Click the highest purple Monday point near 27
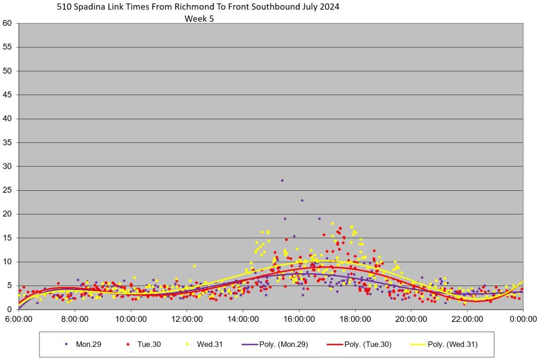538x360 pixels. pyautogui.click(x=282, y=180)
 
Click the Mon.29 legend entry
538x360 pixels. pyautogui.click(x=84, y=345)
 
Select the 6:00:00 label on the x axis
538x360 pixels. pyautogui.click(x=19, y=319)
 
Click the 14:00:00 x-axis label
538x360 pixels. pyautogui.click(x=243, y=319)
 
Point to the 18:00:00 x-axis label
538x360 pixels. pyautogui.click(x=355, y=319)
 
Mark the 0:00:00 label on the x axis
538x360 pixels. pyautogui.click(x=523, y=319)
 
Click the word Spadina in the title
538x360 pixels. pyautogui.click(x=101, y=8)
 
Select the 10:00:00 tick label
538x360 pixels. pyautogui.click(x=131, y=319)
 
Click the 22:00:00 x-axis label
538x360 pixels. pyautogui.click(x=467, y=319)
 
